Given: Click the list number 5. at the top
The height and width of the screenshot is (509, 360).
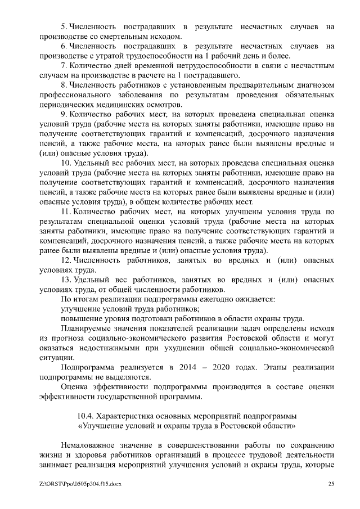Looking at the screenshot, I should point(64,26).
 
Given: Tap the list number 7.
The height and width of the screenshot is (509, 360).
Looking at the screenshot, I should point(64,66).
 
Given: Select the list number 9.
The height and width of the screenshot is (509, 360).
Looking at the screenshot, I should point(64,115).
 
